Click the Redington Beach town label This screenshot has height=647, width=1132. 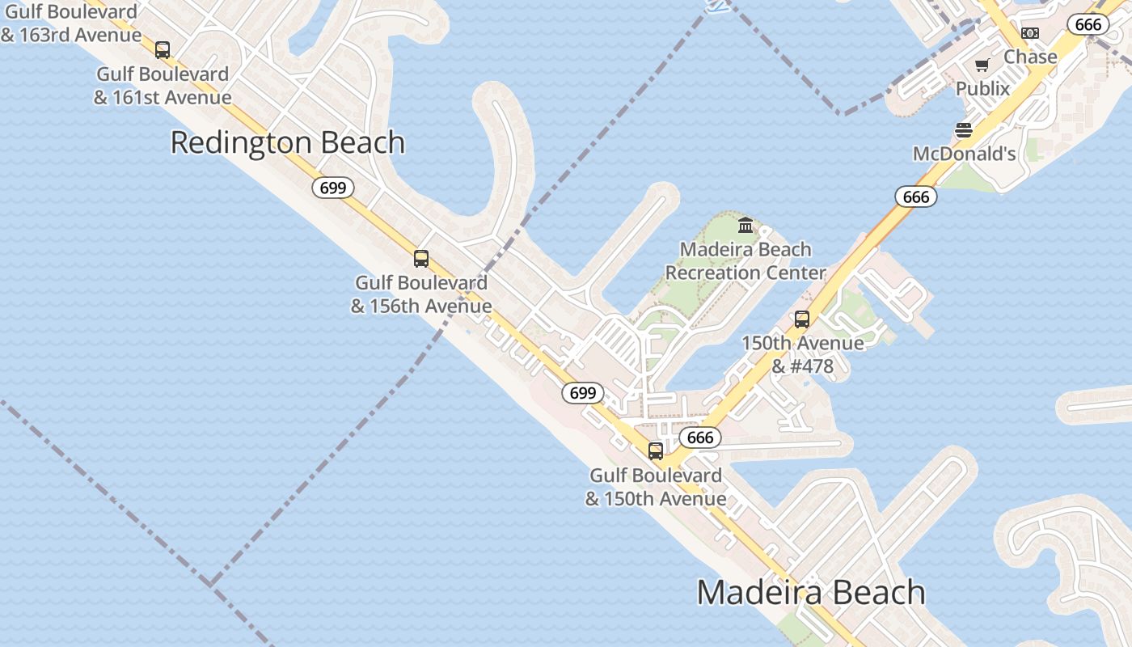[x=287, y=142]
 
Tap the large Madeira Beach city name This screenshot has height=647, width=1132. [x=810, y=592]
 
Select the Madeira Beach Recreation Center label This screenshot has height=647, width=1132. [x=745, y=261]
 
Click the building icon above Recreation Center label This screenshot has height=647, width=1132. [x=746, y=224]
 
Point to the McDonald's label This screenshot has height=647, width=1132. [x=964, y=154]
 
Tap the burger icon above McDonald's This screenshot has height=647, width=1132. [x=963, y=130]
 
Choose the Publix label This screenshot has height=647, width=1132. [x=982, y=88]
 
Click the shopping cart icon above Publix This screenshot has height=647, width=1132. [x=982, y=66]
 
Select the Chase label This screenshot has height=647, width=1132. [x=1030, y=57]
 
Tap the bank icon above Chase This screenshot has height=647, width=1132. [x=1029, y=33]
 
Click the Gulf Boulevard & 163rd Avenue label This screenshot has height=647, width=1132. [x=70, y=23]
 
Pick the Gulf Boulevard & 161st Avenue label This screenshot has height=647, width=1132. [x=163, y=86]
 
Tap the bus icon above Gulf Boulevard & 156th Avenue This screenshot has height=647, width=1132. [x=420, y=259]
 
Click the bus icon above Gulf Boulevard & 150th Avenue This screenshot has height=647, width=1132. [x=655, y=451]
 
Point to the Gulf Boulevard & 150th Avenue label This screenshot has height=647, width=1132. [x=655, y=487]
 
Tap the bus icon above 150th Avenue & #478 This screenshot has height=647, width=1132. [x=801, y=319]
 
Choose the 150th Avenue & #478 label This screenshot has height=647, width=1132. [x=802, y=354]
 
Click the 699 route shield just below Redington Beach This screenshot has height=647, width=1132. [x=332, y=188]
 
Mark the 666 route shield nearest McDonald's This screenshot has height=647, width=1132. [x=915, y=197]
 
